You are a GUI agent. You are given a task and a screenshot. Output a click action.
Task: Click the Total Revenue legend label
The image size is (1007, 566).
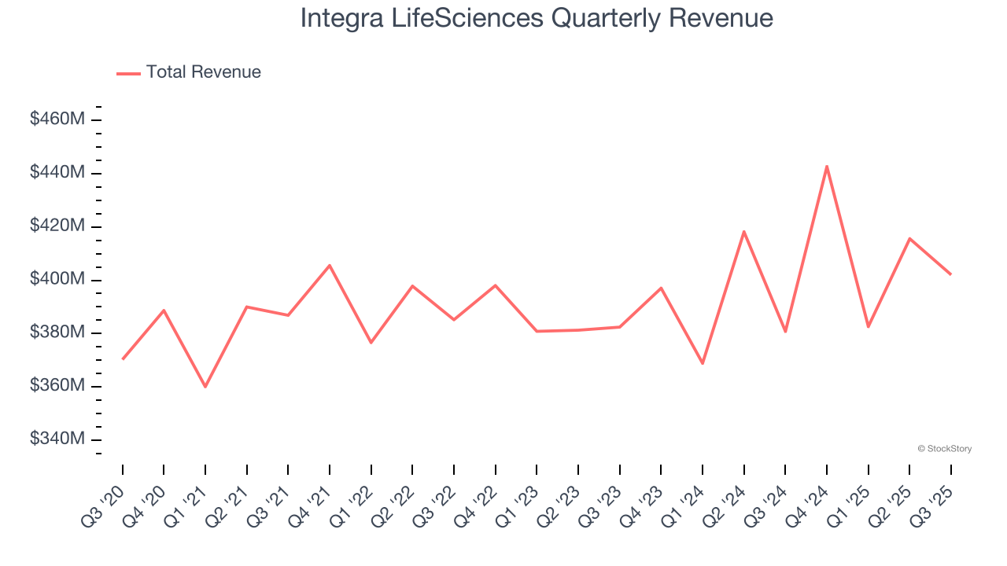click(x=203, y=72)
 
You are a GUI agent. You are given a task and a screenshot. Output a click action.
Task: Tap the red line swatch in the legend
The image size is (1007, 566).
click(x=128, y=73)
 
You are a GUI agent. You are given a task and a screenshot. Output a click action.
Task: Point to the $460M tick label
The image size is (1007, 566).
click(x=57, y=119)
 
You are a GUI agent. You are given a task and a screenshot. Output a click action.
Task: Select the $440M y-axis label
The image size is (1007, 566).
click(x=57, y=172)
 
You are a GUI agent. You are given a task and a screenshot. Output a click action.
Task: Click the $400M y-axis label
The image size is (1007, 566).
click(x=57, y=279)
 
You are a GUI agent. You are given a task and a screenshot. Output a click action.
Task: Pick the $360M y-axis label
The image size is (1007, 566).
click(x=57, y=386)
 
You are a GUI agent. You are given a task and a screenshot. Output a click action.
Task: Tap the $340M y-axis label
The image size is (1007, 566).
click(x=57, y=439)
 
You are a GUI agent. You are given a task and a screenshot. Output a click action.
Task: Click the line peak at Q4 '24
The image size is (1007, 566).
click(x=827, y=166)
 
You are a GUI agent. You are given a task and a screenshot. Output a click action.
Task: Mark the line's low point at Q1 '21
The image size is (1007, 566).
click(x=205, y=387)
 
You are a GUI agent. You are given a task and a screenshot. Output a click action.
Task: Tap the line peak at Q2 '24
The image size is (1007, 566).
click(x=743, y=231)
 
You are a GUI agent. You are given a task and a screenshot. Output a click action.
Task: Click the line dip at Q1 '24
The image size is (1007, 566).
click(x=703, y=363)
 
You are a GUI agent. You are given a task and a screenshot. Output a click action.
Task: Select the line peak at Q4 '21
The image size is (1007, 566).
click(x=330, y=265)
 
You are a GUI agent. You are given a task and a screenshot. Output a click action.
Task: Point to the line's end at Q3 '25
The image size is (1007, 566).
click(x=950, y=274)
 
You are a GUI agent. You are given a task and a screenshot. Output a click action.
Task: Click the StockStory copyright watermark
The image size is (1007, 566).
click(x=944, y=449)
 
